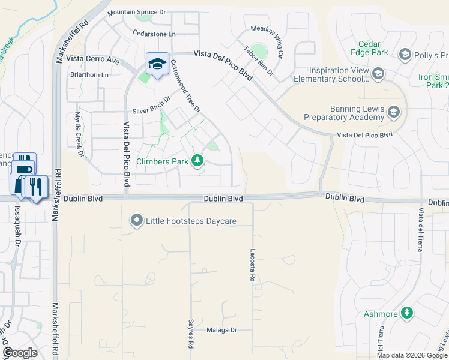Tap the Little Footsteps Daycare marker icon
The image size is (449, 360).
point(137,221)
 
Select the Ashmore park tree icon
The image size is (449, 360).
point(407,313)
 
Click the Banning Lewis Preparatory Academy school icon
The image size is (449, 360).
point(393,112)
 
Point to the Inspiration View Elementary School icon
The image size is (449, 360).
point(378,74)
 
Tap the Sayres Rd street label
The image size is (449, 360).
point(191,334)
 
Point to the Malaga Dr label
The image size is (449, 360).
point(222,330)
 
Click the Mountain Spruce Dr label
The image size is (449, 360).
point(136,12)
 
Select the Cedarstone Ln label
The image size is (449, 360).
point(155,34)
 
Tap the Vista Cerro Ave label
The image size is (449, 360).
point(93,59)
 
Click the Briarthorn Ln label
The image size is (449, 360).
point(89,75)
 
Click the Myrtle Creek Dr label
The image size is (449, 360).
point(78,135)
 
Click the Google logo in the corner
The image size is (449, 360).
point(20,352)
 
